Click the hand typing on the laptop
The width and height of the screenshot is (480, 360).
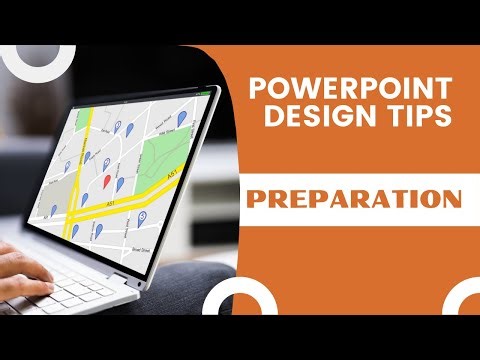click(22, 266)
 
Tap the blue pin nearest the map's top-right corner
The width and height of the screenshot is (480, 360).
click(184, 120)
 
